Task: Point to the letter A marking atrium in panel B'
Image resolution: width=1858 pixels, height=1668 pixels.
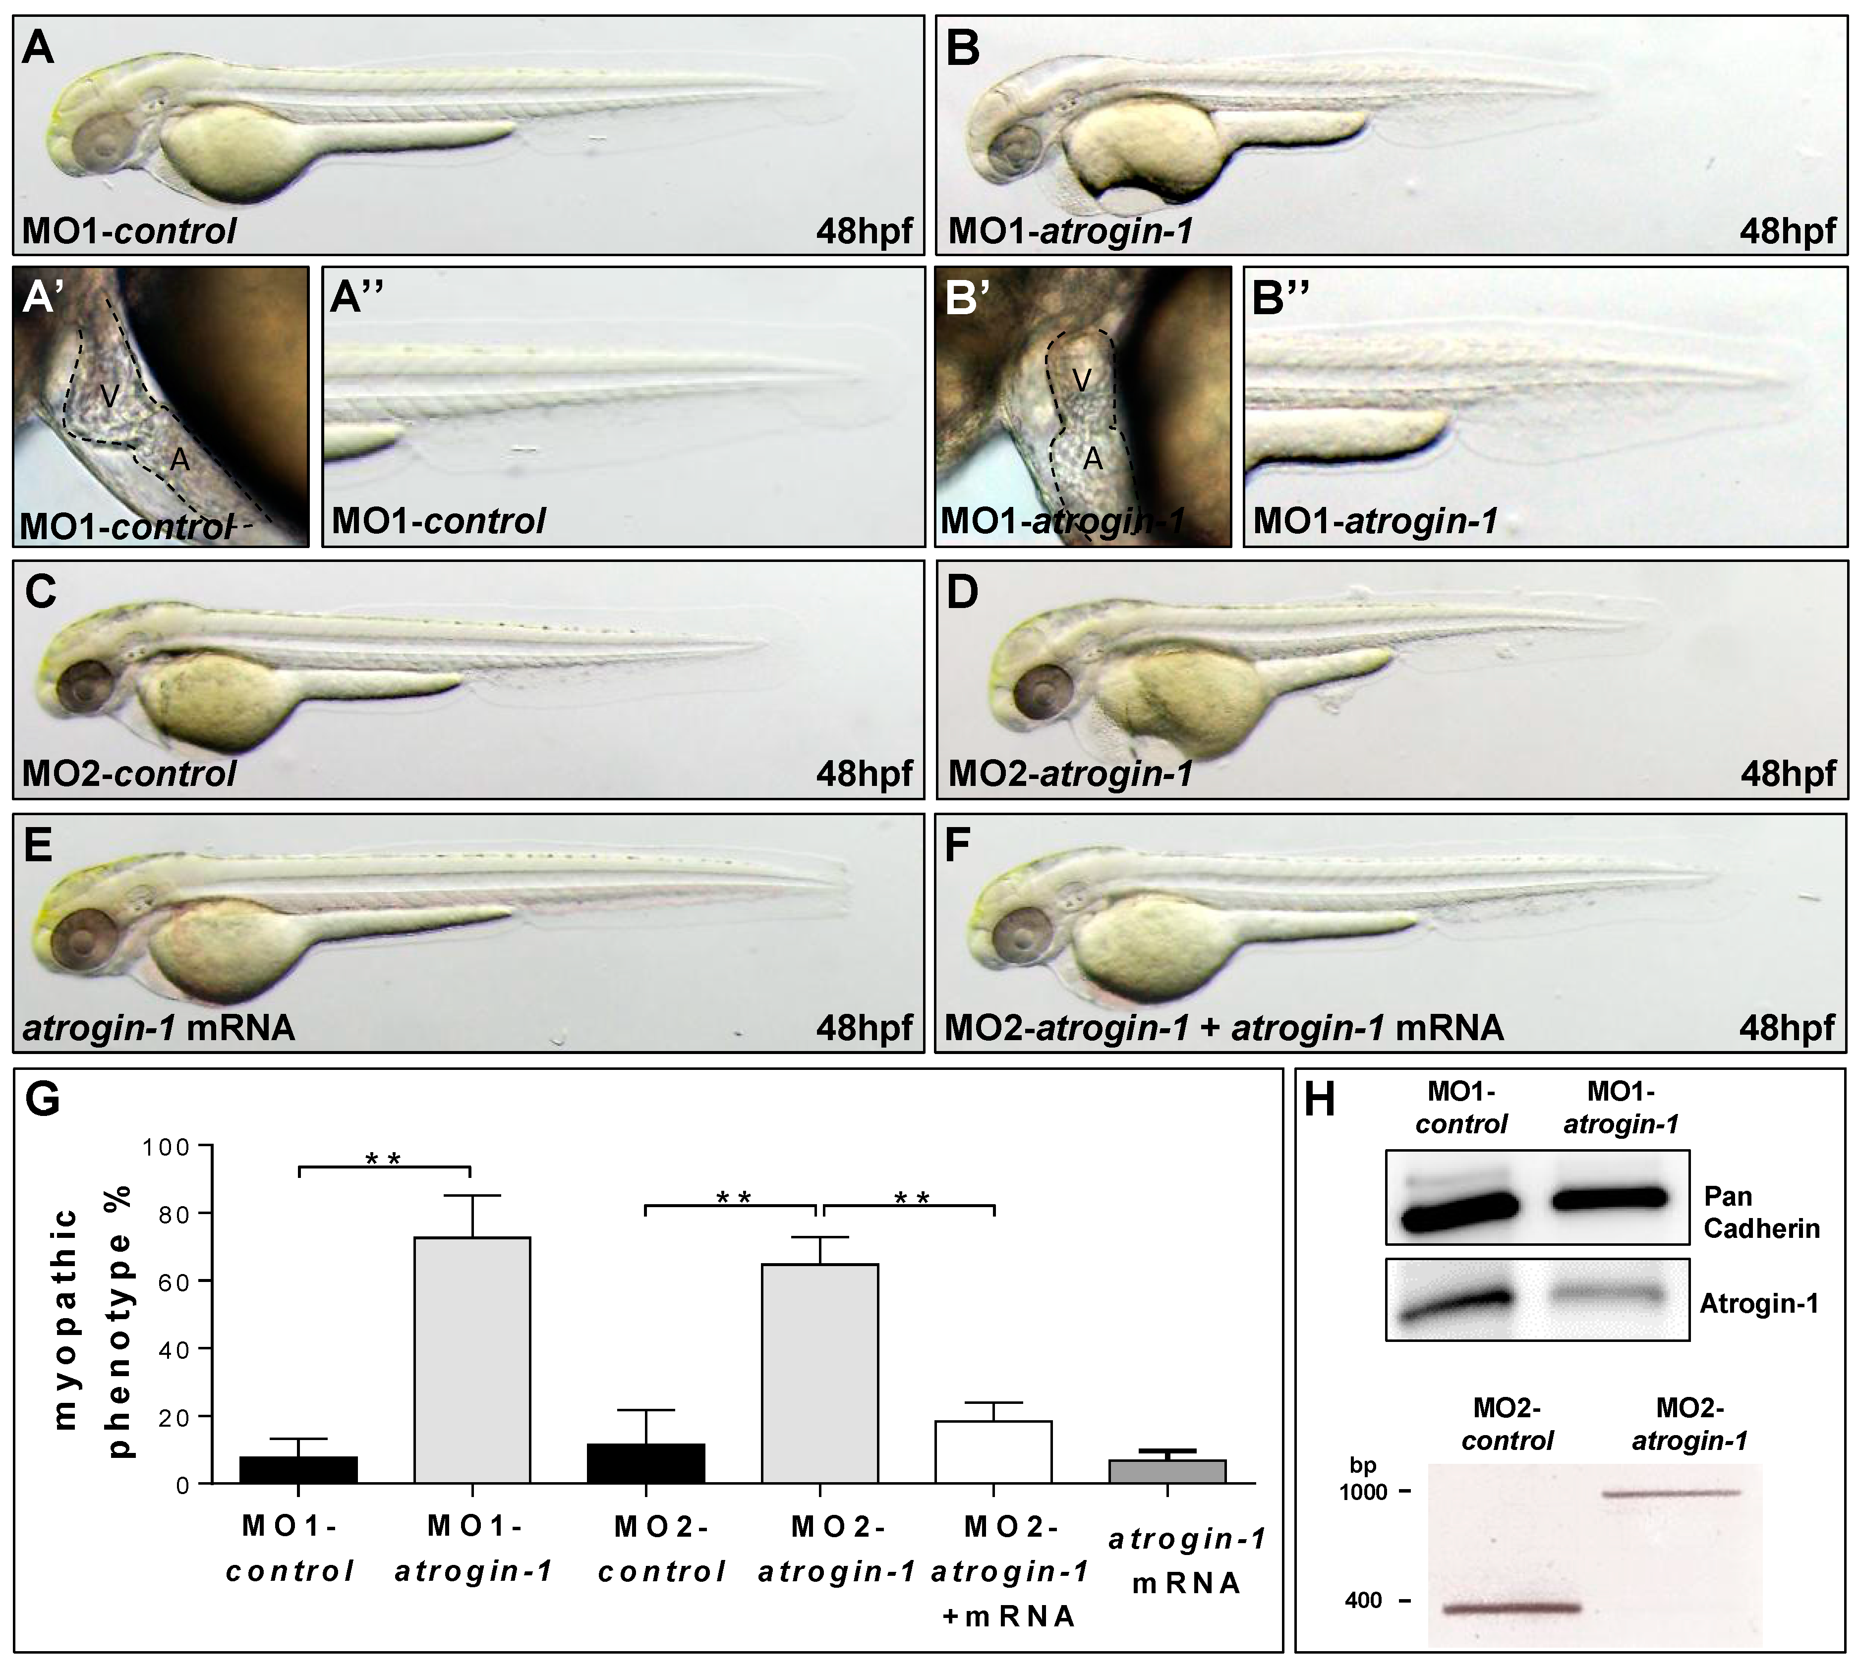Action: (1092, 459)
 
